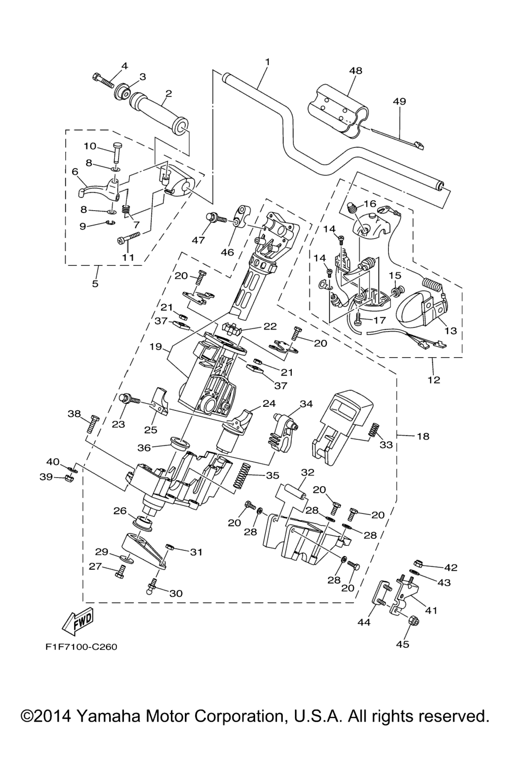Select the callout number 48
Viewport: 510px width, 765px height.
click(356, 71)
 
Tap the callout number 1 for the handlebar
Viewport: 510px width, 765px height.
click(267, 62)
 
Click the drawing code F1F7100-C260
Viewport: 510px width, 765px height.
click(81, 647)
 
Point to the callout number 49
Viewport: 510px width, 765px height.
click(399, 101)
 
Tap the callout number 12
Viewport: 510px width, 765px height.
click(434, 380)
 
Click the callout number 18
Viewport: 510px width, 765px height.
click(423, 436)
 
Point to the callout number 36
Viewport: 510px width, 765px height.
click(144, 448)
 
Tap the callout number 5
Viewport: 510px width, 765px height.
click(95, 284)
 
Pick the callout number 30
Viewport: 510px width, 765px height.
click(176, 593)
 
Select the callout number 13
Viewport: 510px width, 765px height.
click(451, 331)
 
